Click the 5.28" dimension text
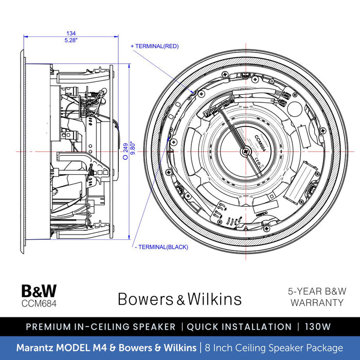coord(71,40)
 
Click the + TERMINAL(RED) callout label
coord(155,46)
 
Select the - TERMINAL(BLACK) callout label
coord(160,247)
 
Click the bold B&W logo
coord(39,292)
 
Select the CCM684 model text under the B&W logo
coord(39,303)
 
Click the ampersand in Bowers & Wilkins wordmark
coord(180,299)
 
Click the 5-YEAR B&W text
coord(316,291)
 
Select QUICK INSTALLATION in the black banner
coord(239,327)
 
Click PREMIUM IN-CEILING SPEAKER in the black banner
coord(100,327)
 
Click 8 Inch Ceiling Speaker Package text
coord(273,348)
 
